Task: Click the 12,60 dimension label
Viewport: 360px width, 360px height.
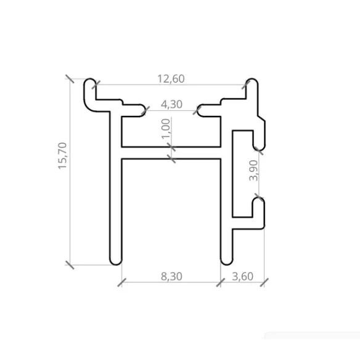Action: click(171, 78)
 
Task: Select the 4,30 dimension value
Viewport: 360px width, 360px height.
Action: click(171, 104)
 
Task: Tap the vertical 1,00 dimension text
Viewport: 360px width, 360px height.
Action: click(165, 129)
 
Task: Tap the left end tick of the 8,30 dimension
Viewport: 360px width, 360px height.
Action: click(121, 282)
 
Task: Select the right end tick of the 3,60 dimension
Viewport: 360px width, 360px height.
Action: click(265, 282)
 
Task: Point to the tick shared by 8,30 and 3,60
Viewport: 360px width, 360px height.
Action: click(221, 282)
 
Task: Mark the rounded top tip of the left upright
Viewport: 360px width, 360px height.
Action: click(91, 82)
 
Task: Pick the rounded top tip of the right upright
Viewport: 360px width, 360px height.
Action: click(251, 82)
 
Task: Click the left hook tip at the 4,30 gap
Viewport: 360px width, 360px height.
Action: click(144, 110)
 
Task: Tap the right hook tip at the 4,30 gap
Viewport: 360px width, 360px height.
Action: click(197, 110)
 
